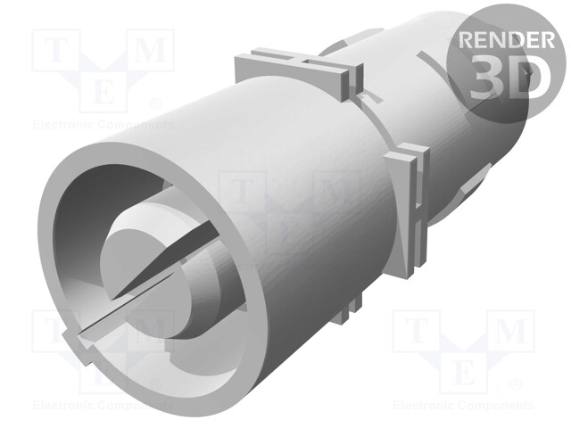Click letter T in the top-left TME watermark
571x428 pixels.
(x=54, y=52)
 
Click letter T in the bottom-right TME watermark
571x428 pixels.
(x=416, y=332)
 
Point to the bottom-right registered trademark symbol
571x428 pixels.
(x=515, y=384)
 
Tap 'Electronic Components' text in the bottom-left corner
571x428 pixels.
(x=89, y=405)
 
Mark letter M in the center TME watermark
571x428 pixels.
(x=332, y=192)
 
